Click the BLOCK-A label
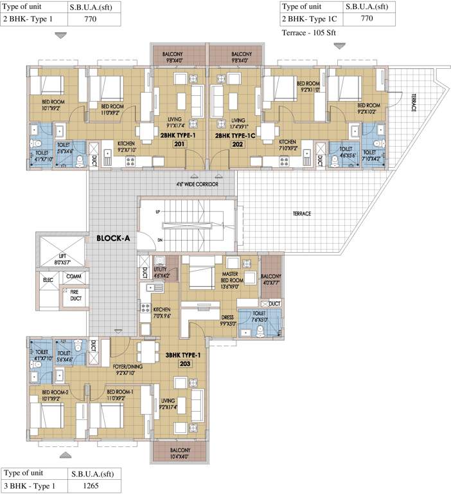[113, 237]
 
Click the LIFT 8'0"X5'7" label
[62, 261]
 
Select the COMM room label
[73, 276]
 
